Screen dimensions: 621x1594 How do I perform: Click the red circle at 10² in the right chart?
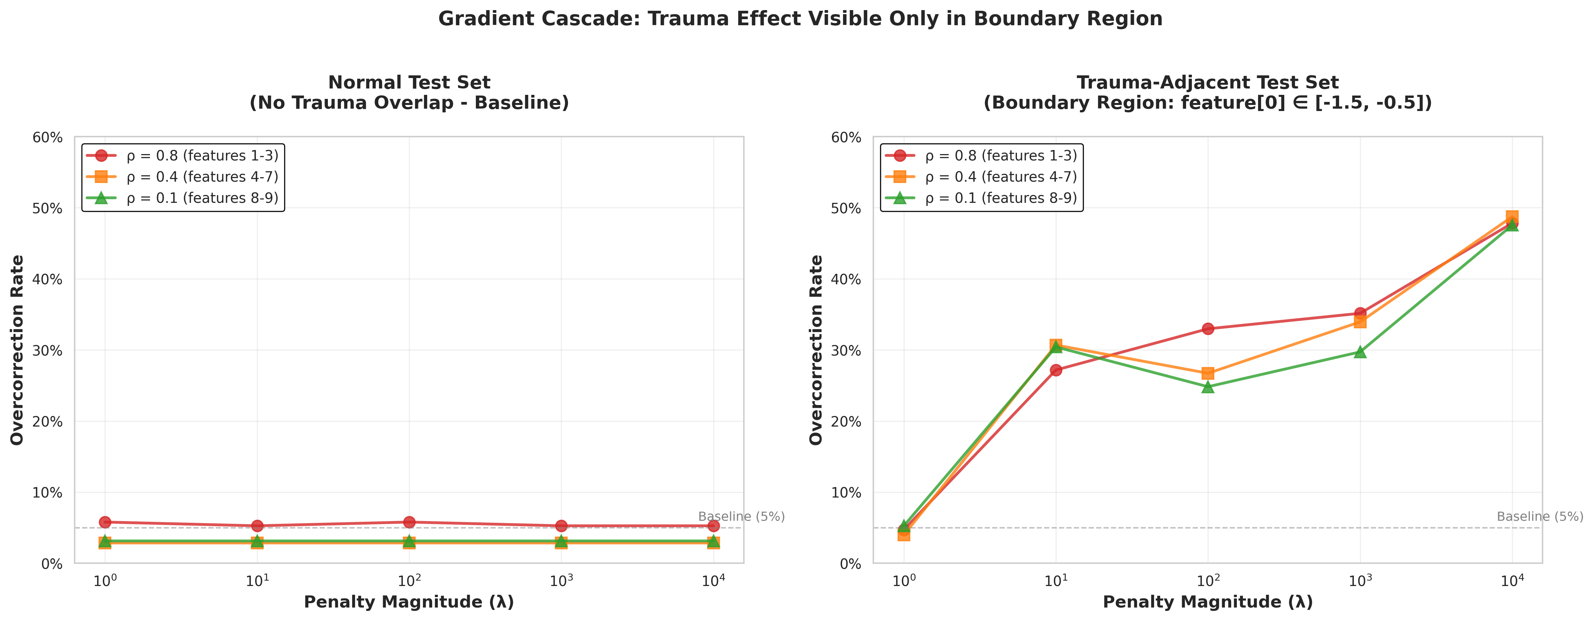pyautogui.click(x=1208, y=329)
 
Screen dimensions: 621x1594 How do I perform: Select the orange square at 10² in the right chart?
pyautogui.click(x=1208, y=373)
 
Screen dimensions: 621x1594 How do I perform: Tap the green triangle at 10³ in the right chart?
pyautogui.click(x=1360, y=352)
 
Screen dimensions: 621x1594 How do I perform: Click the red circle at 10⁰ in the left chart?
pyautogui.click(x=105, y=522)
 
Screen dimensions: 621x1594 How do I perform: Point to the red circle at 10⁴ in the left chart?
pyautogui.click(x=714, y=526)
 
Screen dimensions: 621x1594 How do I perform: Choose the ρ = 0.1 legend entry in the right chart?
pyautogui.click(x=1000, y=198)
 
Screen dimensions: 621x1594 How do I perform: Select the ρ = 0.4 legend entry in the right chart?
pyautogui.click(x=1000, y=177)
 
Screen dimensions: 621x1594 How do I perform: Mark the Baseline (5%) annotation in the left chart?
pyautogui.click(x=741, y=516)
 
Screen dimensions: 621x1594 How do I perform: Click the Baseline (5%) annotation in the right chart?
pyautogui.click(x=1540, y=516)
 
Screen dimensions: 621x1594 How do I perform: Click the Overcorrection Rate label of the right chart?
pyautogui.click(x=817, y=350)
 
